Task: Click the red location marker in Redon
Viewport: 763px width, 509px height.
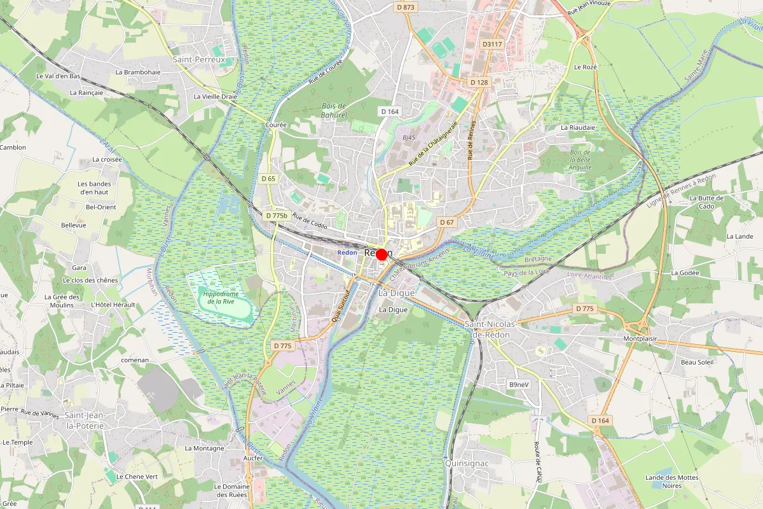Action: (x=381, y=254)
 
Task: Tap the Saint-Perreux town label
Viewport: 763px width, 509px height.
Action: (x=199, y=59)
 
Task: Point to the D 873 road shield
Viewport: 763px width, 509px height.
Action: (x=405, y=7)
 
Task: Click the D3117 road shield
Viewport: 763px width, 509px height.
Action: (x=492, y=44)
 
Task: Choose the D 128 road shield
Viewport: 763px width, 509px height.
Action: (x=479, y=83)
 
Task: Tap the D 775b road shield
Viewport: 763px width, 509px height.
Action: (x=277, y=216)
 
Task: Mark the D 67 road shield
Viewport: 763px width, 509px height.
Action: (x=447, y=222)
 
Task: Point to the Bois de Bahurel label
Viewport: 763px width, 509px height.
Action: (x=334, y=111)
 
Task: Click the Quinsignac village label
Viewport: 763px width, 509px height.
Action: (x=467, y=463)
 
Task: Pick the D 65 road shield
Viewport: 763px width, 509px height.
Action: (x=268, y=179)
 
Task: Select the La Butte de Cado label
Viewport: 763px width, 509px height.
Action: (x=706, y=202)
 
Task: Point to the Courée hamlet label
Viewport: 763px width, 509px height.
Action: (x=275, y=125)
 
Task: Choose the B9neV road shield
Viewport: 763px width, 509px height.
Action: (x=519, y=385)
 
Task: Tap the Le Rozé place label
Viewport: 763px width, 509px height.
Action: (x=585, y=67)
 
